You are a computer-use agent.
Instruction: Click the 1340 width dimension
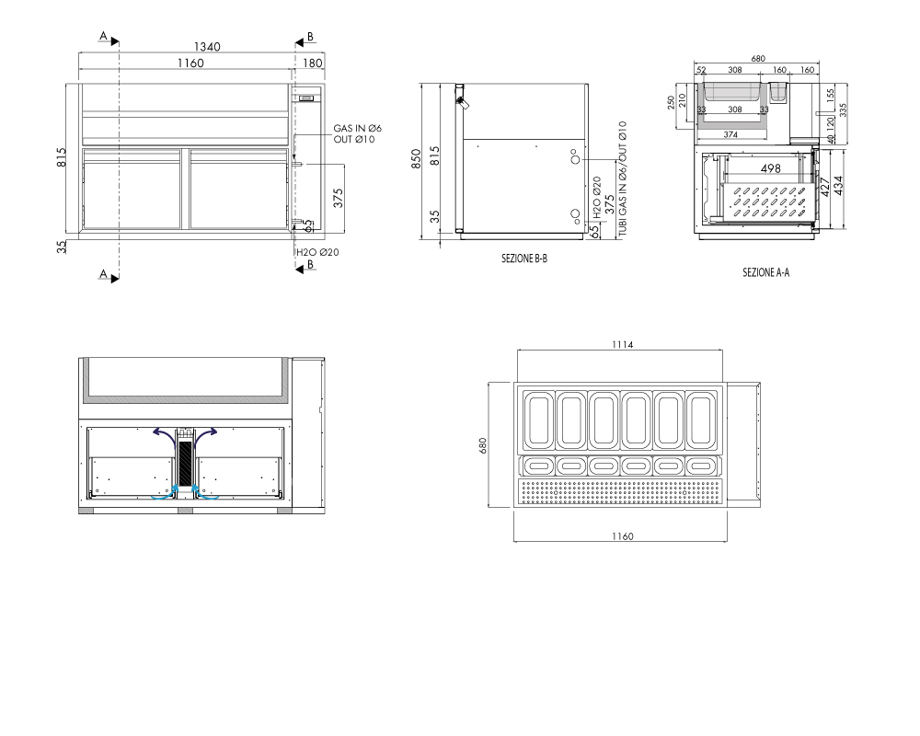point(207,47)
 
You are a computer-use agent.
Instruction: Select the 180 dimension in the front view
point(313,63)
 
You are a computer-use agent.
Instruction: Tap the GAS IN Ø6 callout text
point(357,128)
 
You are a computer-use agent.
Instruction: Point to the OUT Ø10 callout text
point(354,139)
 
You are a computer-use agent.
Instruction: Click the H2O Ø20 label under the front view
point(317,252)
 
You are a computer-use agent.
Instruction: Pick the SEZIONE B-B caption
point(524,259)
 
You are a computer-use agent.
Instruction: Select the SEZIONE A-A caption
point(765,272)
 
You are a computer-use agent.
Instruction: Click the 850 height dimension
point(416,159)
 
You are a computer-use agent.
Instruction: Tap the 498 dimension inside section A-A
point(770,168)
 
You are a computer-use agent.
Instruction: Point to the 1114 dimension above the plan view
point(623,344)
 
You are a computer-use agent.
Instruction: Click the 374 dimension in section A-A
point(730,135)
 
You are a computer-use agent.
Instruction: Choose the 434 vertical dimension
point(838,186)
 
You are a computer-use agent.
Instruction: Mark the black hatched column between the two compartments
point(185,464)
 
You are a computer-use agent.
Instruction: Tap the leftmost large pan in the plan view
point(538,420)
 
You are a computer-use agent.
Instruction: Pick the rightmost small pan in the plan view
point(699,466)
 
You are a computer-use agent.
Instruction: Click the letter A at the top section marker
point(103,37)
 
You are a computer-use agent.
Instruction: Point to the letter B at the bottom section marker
point(310,264)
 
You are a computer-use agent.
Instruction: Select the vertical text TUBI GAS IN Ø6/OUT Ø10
point(623,179)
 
